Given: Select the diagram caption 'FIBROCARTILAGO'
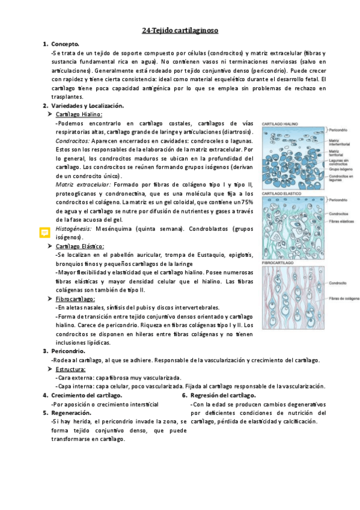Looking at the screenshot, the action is pyautogui.click(x=278, y=263).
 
